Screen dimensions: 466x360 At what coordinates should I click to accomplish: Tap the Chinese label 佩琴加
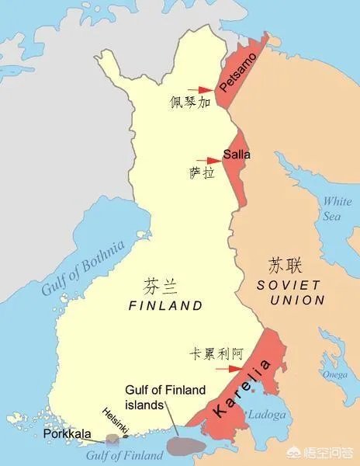190,102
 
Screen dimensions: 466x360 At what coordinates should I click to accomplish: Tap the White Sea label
336,208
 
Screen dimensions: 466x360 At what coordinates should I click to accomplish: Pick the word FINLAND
164,306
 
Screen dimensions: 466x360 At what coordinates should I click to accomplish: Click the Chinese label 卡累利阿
216,353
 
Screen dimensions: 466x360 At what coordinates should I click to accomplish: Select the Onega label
334,374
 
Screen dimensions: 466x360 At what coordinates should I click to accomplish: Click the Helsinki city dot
126,436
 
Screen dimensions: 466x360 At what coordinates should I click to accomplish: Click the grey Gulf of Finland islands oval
185,445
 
